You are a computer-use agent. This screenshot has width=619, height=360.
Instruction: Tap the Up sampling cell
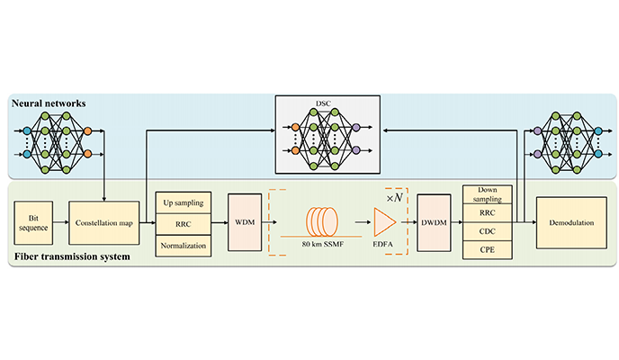click(x=183, y=202)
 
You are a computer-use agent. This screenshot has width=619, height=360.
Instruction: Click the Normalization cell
click(x=183, y=244)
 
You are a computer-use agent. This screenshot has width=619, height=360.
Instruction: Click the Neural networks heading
click(x=49, y=105)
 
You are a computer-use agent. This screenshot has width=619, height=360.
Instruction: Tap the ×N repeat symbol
click(x=396, y=194)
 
